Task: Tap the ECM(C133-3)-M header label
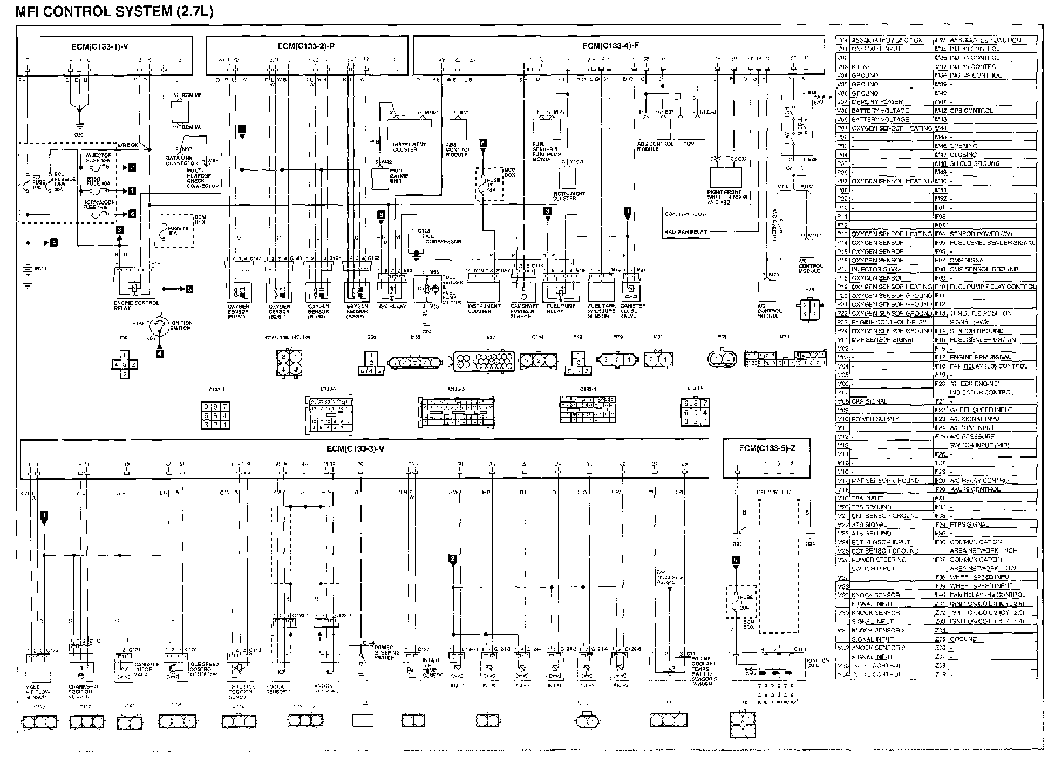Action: pos(355,449)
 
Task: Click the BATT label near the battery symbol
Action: pos(40,268)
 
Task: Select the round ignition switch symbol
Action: pos(160,325)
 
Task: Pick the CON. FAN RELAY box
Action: pos(685,214)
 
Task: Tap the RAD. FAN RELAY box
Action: pos(685,232)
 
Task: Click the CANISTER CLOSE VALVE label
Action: pos(632,311)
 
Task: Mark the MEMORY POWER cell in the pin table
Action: pos(877,102)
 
